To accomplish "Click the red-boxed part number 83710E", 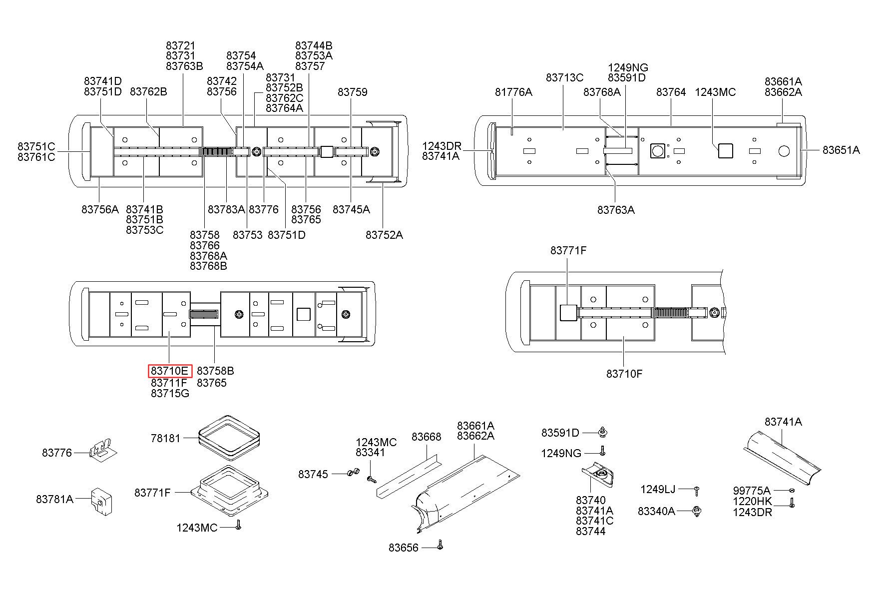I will coord(170,371).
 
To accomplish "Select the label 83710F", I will coord(624,374).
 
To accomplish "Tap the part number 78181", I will coord(165,439).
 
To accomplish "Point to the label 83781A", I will coord(54,499).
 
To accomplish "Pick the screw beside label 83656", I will coord(440,545).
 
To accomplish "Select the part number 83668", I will coord(426,437).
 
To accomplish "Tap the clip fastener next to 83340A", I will coord(697,512).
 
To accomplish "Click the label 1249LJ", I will coord(658,490).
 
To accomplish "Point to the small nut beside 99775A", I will coord(792,491).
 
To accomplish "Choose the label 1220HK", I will coord(752,502).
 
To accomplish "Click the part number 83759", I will coord(352,92).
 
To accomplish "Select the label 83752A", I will coord(384,235).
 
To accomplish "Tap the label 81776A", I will coord(513,92).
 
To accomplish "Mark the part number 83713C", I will coord(564,78).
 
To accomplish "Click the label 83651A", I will coord(841,150).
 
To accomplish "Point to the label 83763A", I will coord(616,210).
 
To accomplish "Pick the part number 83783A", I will coord(226,210).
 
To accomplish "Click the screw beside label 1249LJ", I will coord(696,491).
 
